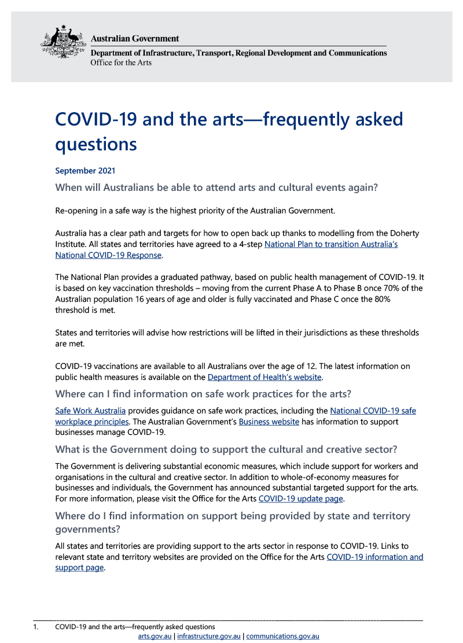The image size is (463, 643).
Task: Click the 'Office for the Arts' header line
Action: click(x=121, y=62)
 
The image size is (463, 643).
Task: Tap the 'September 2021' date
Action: click(x=85, y=171)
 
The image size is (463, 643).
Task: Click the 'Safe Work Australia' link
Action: click(x=90, y=411)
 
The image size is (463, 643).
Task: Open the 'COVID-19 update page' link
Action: click(x=301, y=498)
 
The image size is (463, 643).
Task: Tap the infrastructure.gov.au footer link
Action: click(x=209, y=636)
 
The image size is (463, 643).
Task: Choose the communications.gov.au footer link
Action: click(x=282, y=636)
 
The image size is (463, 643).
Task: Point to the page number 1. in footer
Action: click(x=35, y=627)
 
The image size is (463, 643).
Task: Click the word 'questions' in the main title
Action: click(x=96, y=143)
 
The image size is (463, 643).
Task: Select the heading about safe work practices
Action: click(x=203, y=394)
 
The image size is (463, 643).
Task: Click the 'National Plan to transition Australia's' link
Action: click(x=330, y=244)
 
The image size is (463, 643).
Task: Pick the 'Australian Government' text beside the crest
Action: click(x=135, y=38)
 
